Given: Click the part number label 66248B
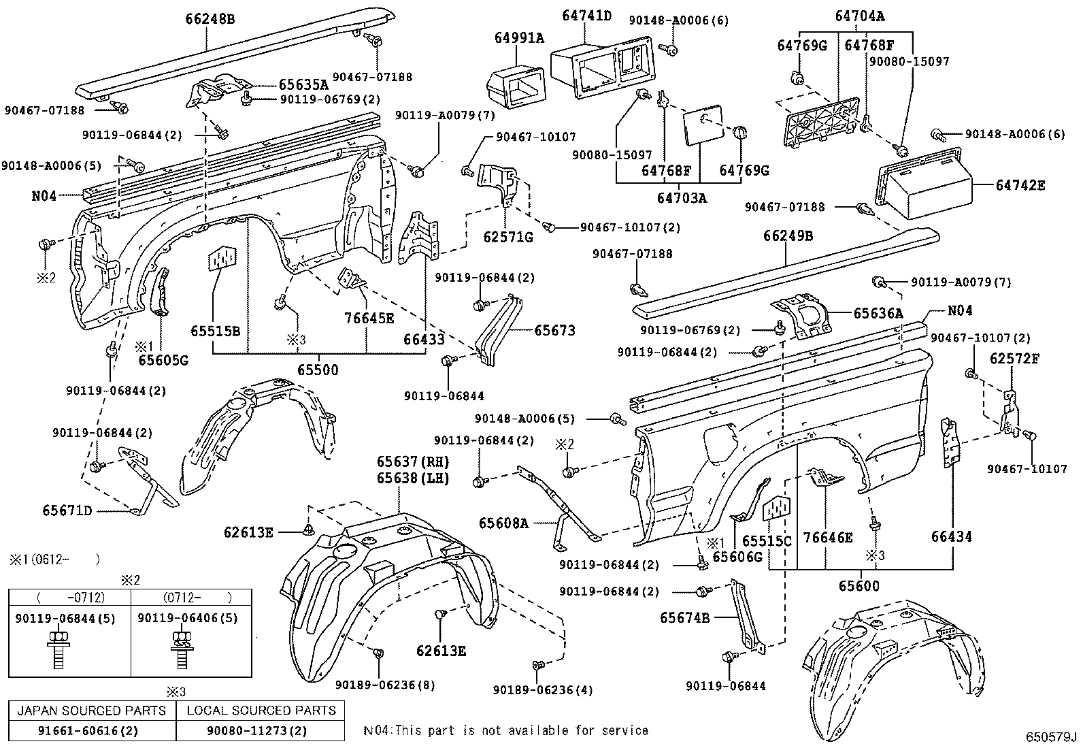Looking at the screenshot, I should [210, 20].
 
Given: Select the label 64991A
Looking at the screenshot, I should [519, 39].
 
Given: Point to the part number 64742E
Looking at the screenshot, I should [1020, 184].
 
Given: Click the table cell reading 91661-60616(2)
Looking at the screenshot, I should [92, 731].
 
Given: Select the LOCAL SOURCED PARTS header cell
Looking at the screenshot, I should [261, 711].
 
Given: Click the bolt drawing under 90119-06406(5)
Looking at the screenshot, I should [180, 650].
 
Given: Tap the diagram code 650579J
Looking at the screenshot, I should [1052, 738].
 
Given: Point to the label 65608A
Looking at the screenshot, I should [503, 523].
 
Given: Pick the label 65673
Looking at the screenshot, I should [554, 330].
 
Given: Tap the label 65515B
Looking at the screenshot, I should [215, 331].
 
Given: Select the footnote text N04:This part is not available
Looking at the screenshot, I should [505, 731].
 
